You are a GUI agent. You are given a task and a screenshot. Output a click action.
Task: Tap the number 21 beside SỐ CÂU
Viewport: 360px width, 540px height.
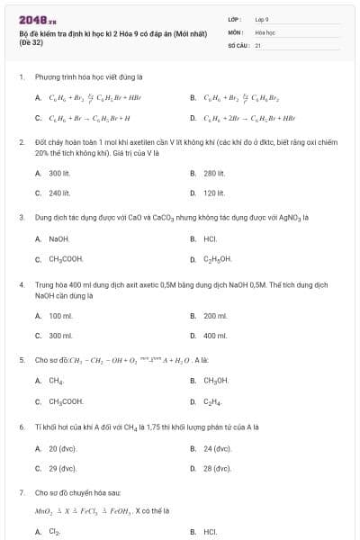258,44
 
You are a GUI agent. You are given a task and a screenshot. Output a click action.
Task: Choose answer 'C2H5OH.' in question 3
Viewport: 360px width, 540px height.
218,259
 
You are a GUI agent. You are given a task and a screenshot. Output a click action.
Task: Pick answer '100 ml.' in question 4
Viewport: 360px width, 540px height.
60,316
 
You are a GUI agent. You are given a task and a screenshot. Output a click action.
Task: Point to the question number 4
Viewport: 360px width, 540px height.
21,284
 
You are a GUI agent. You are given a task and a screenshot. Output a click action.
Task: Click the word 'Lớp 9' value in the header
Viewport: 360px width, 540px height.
262,19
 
